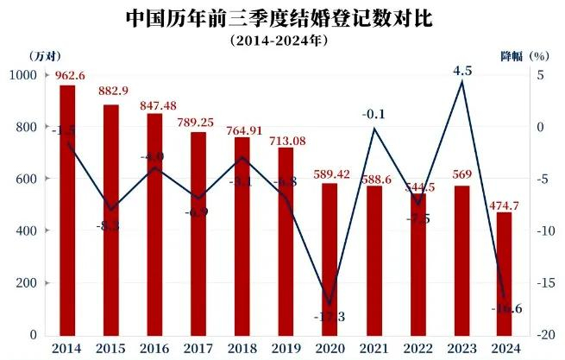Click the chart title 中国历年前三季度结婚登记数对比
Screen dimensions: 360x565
tap(282, 18)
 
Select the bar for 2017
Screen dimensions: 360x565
tap(198, 233)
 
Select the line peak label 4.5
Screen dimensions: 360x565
tap(461, 72)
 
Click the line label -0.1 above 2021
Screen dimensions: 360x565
tap(373, 114)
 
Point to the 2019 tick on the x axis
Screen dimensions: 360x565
tap(285, 347)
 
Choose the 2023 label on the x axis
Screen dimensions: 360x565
tap(461, 347)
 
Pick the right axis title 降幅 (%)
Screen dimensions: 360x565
tap(524, 56)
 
